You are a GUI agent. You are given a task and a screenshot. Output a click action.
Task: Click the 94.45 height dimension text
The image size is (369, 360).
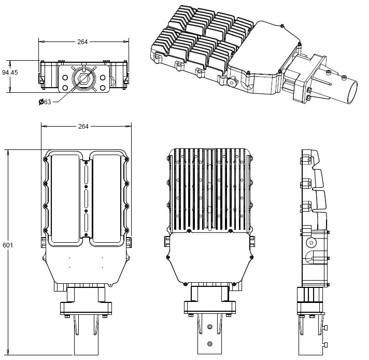10,73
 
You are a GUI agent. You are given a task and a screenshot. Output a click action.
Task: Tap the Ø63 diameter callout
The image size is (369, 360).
45,102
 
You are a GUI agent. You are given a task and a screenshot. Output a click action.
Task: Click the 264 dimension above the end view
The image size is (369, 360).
83,41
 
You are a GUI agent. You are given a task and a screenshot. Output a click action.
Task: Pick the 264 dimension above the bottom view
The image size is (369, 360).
83,127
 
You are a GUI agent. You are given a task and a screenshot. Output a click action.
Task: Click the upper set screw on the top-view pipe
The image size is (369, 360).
209,327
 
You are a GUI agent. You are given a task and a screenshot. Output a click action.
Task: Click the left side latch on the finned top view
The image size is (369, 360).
167,242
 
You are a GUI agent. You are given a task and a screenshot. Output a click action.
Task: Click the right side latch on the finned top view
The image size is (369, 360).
252,242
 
